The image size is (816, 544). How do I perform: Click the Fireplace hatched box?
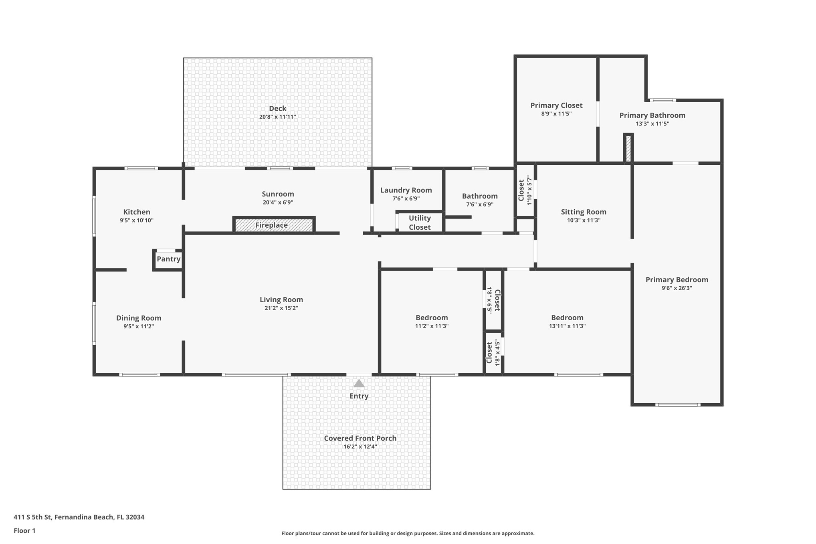click(274, 225)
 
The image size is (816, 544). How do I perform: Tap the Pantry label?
click(168, 259)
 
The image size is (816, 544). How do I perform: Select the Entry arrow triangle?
click(359, 384)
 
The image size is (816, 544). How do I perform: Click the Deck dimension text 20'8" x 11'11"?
click(277, 117)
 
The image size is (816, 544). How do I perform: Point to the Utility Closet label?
click(420, 222)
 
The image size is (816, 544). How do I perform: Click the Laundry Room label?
click(406, 190)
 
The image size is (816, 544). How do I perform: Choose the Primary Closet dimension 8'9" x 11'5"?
click(556, 114)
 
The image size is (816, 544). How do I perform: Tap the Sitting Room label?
click(584, 212)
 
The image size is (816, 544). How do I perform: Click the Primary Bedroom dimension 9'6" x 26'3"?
click(677, 288)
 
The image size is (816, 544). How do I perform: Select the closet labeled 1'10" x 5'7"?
click(525, 190)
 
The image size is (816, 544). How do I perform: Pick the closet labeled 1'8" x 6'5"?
click(493, 300)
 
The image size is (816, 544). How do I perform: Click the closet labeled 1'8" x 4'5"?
click(493, 353)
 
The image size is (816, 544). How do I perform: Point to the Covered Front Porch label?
click(360, 438)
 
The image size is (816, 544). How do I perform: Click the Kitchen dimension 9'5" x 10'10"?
click(137, 220)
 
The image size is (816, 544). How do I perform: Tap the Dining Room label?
click(139, 318)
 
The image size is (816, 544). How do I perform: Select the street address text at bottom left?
click(79, 517)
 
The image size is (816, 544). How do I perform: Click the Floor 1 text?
click(24, 531)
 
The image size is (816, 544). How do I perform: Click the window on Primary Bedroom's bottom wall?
click(678, 404)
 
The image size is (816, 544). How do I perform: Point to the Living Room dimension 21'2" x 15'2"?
click(281, 308)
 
